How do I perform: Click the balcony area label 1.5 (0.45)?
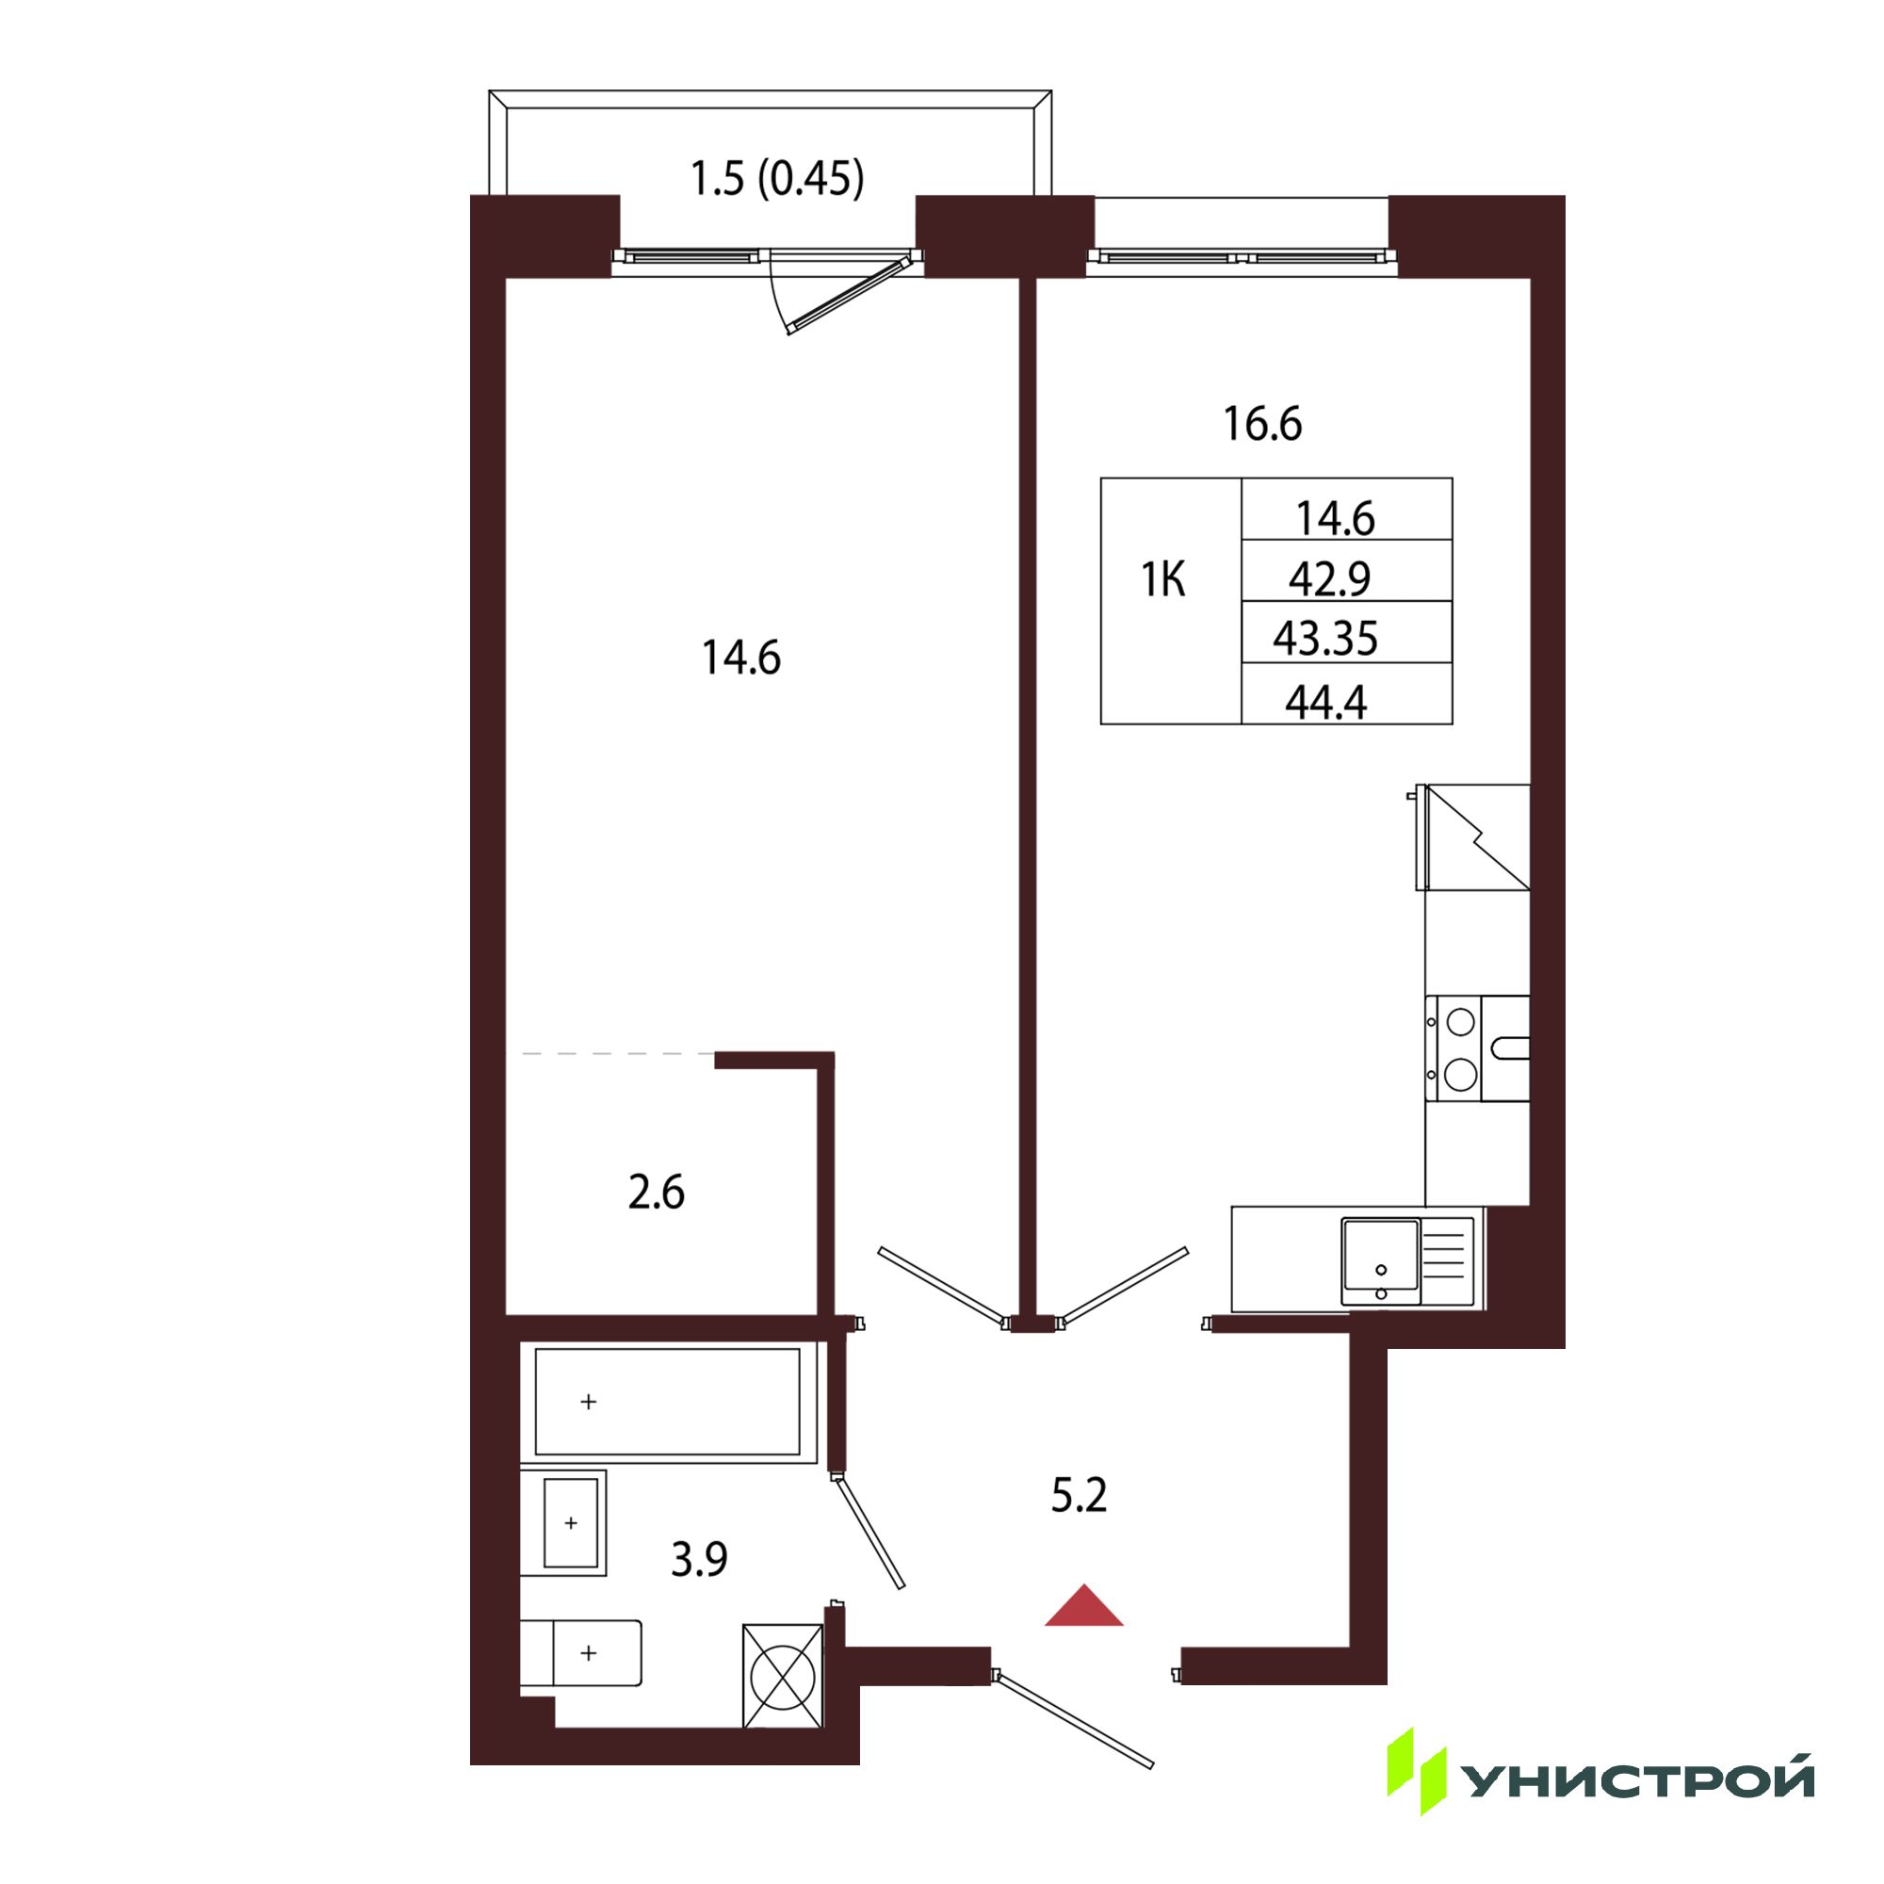click(x=777, y=179)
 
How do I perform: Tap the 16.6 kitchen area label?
click(x=1262, y=424)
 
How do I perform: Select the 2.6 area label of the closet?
click(x=657, y=1192)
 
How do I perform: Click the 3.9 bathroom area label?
click(x=699, y=1559)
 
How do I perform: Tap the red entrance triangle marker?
click(x=1083, y=1605)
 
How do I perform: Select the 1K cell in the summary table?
click(x=1163, y=580)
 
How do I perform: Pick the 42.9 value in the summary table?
click(x=1329, y=579)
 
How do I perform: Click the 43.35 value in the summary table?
click(x=1325, y=639)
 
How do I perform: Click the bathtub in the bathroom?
click(x=668, y=1403)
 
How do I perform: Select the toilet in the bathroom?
click(x=580, y=1653)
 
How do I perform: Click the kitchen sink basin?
click(x=1380, y=1261)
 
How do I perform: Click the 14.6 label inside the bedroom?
click(x=741, y=658)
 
